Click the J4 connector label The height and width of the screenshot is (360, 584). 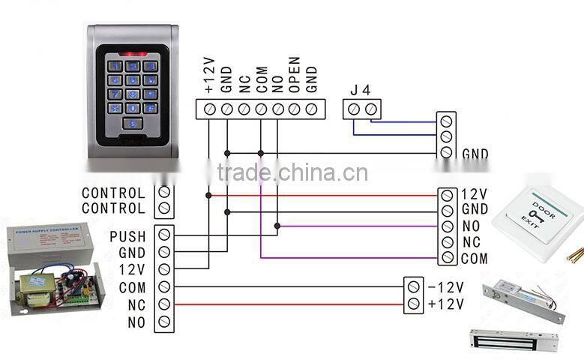361,90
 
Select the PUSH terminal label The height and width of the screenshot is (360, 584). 127,237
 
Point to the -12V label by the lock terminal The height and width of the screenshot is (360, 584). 446,287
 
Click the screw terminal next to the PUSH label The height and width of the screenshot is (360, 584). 164,235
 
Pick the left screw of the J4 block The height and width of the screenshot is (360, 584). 354,109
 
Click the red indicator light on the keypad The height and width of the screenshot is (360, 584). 133,55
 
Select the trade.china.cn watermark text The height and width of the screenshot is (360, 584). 292,173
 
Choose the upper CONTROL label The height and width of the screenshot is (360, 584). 113,193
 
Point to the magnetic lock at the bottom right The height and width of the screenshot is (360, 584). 514,339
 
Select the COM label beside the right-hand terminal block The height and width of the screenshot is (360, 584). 474,259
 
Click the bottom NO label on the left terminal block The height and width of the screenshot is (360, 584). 136,322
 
